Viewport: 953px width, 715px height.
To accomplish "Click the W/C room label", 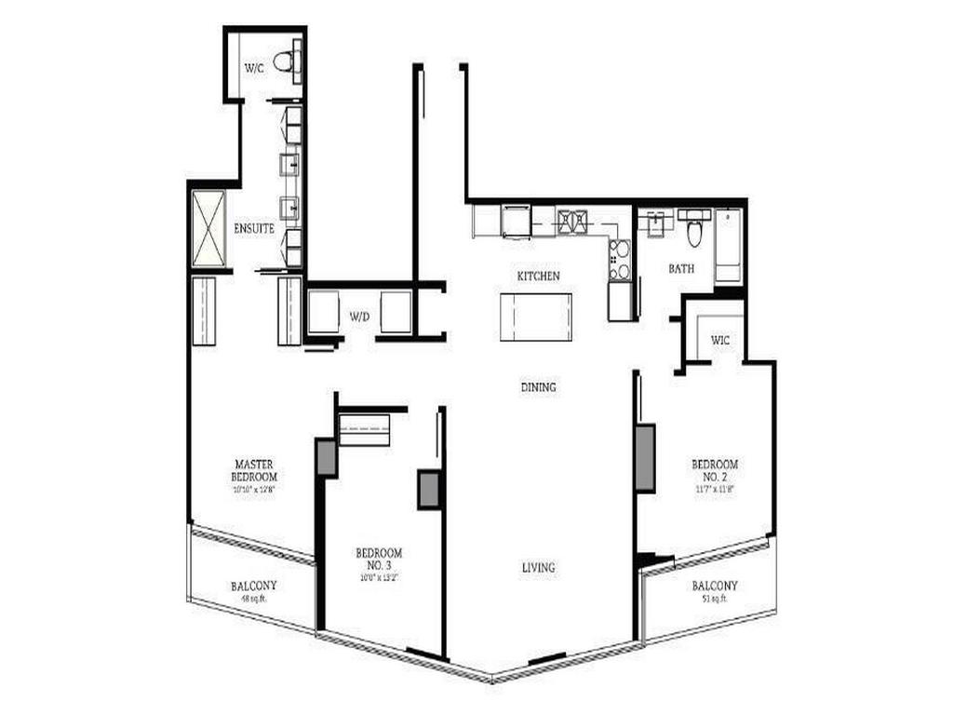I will [254, 68].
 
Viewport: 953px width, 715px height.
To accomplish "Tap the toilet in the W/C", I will [286, 61].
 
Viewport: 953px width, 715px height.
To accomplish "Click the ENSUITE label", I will [253, 228].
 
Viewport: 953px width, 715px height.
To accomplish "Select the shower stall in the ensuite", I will [208, 230].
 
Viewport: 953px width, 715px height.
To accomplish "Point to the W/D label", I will [360, 317].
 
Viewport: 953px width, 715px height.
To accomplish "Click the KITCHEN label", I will [539, 276].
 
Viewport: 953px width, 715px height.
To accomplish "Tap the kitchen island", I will [535, 317].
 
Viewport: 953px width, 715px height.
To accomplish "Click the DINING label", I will [538, 386].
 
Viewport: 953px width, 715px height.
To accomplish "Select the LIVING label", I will [538, 567].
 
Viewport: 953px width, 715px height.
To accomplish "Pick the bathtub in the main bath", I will [728, 246].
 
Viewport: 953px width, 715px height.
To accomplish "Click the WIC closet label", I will [719, 340].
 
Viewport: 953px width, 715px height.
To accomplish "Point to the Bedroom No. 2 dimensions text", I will [714, 488].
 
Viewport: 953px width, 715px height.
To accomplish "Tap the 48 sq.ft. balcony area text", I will [253, 600].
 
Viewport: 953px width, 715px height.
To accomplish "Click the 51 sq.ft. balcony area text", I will [715, 599].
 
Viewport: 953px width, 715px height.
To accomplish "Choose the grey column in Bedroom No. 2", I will [645, 458].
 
